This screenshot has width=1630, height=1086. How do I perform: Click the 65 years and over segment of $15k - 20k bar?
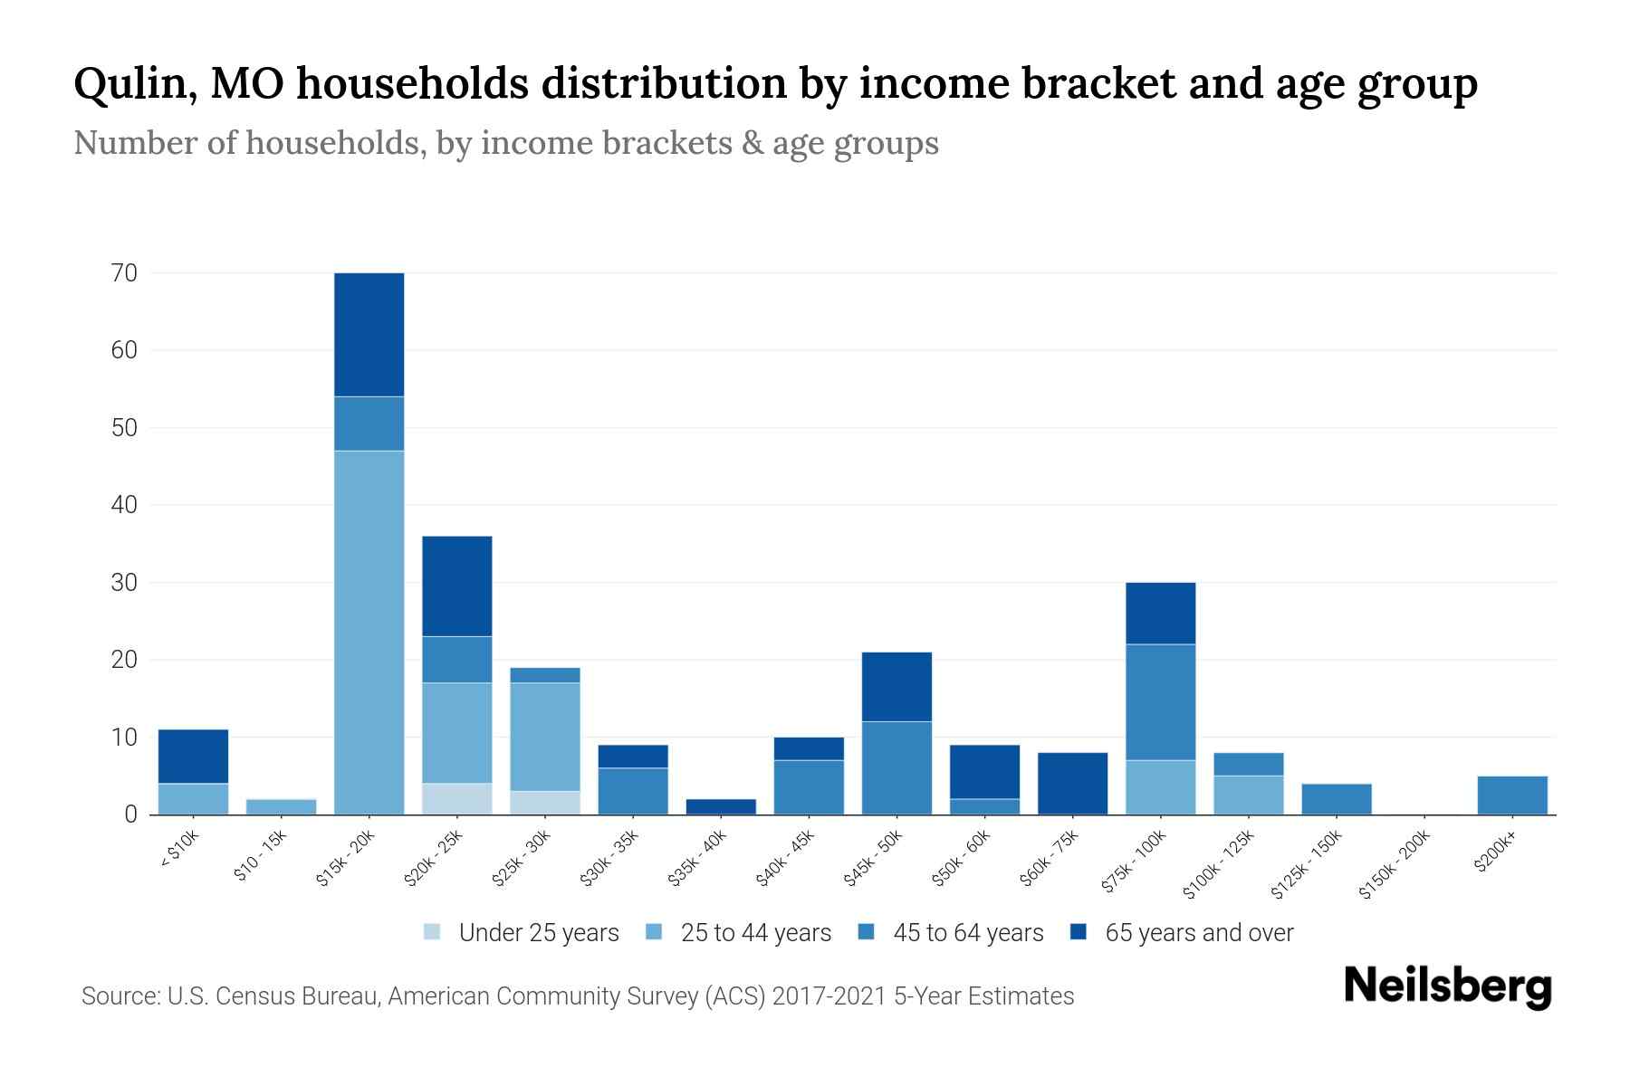pos(369,334)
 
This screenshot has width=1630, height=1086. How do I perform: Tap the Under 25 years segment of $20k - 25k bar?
pos(456,798)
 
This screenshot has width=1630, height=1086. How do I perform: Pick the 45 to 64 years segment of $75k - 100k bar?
pos(1160,701)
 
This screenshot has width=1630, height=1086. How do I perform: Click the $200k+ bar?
pos(1511,795)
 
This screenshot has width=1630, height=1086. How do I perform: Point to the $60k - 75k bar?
pos(1072,783)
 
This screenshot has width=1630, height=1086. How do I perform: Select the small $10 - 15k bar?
pos(281,806)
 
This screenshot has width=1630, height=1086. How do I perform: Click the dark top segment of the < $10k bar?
pos(193,756)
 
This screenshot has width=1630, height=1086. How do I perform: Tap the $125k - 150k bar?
pos(1336,798)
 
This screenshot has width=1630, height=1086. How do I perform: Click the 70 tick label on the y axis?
pos(124,273)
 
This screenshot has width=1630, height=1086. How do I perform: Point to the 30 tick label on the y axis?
pos(124,583)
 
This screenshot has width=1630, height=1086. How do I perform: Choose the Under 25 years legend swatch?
pos(433,932)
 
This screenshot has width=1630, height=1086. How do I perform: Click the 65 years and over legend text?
pos(1199,933)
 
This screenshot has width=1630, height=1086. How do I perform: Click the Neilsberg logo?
pos(1447,986)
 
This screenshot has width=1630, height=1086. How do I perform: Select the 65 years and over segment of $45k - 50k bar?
pos(896,686)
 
